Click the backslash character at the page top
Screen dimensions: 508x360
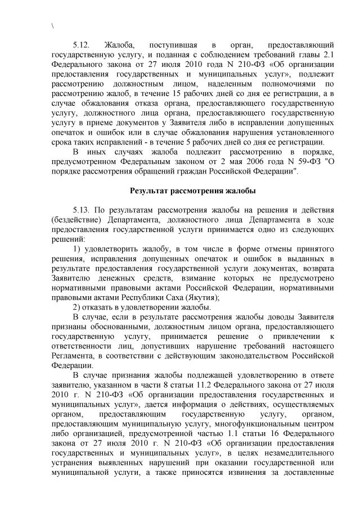[x=52, y=24]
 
